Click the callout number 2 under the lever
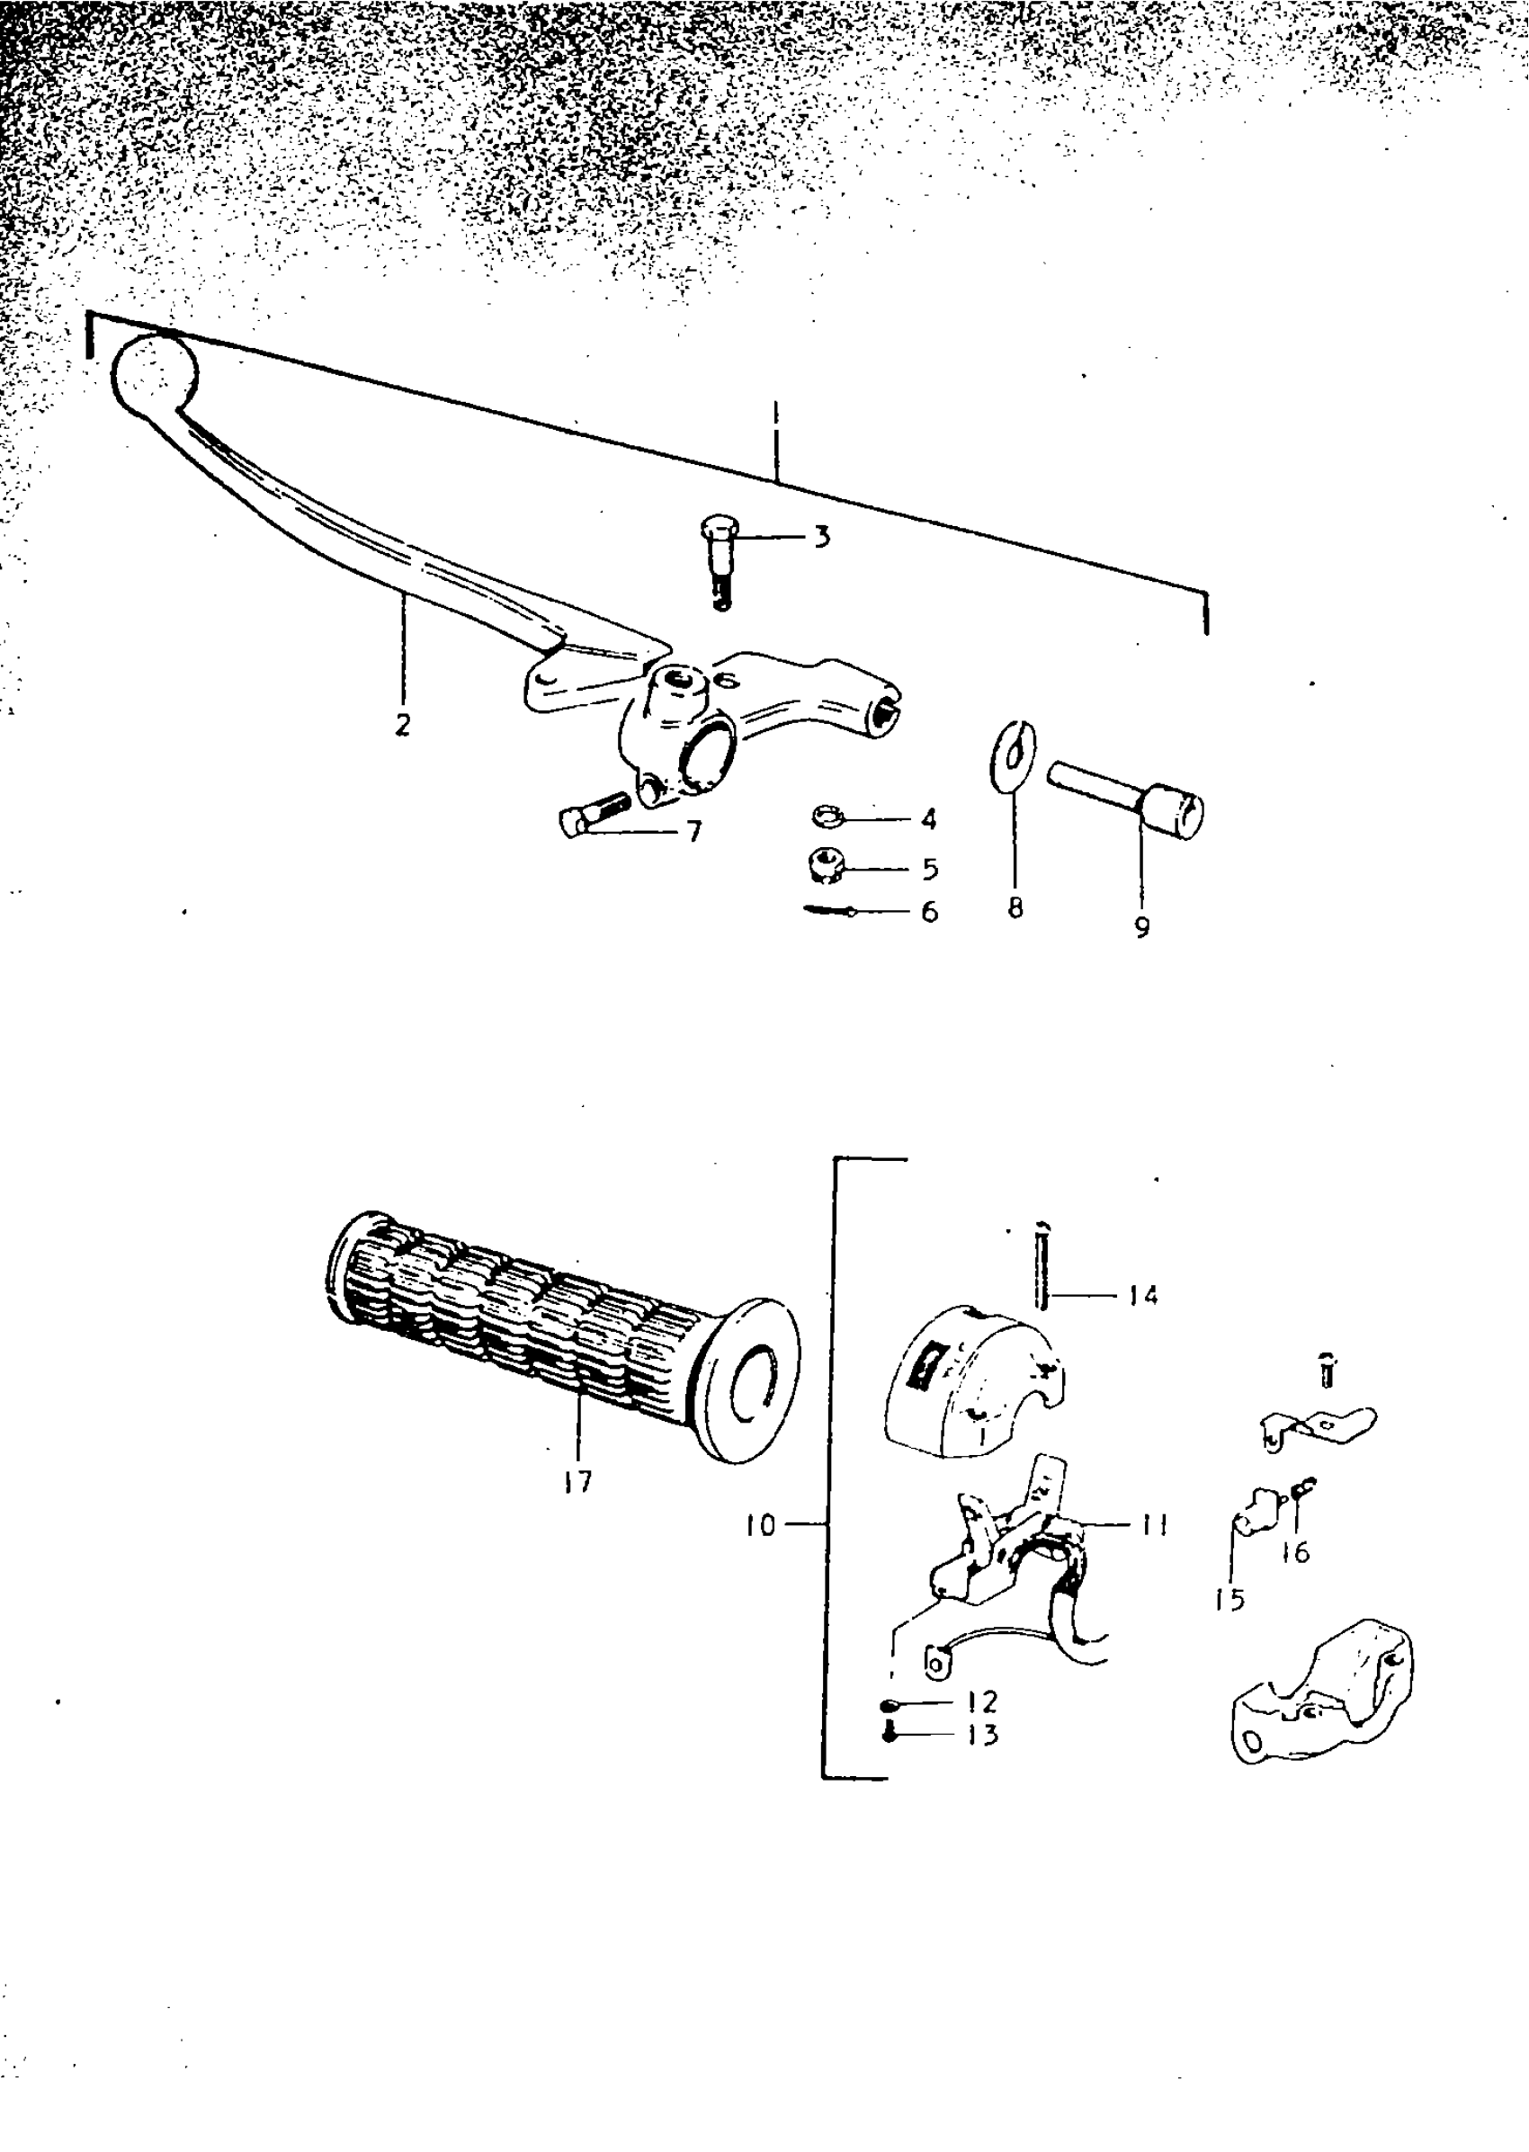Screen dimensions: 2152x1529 pyautogui.click(x=403, y=725)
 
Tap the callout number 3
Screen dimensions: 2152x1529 pyautogui.click(x=822, y=538)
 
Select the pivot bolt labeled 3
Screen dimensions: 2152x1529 pyautogui.click(x=719, y=561)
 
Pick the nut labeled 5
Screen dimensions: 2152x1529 pyautogui.click(x=825, y=862)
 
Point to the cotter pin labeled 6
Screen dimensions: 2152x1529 pyautogui.click(x=829, y=910)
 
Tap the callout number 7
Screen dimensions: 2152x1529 pyautogui.click(x=695, y=831)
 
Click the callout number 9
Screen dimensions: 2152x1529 pyautogui.click(x=1142, y=927)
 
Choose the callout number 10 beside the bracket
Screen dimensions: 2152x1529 pyautogui.click(x=761, y=1525)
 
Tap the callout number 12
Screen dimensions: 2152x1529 pyautogui.click(x=981, y=1701)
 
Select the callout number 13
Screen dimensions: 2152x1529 pyautogui.click(x=981, y=1734)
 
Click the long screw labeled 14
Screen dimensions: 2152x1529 pyautogui.click(x=1042, y=1264)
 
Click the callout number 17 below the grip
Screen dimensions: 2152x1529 pyautogui.click(x=577, y=1482)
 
